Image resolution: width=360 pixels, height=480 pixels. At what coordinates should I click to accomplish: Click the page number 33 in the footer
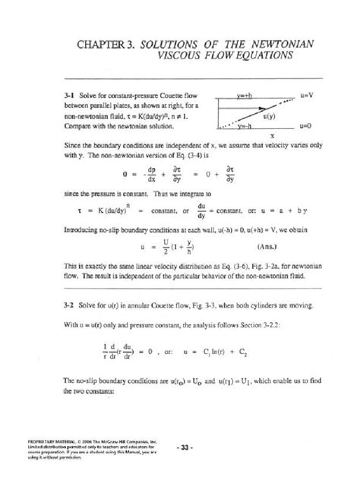pyautogui.click(x=182, y=445)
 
